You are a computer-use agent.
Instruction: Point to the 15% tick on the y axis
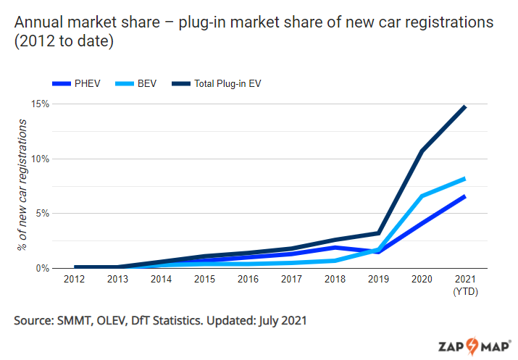[40, 104]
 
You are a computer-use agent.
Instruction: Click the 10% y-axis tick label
[40, 159]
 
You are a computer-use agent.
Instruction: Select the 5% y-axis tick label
[42, 214]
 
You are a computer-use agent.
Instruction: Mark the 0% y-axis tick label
[42, 268]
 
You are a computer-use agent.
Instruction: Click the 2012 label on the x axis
[74, 280]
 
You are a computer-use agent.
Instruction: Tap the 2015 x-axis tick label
[204, 280]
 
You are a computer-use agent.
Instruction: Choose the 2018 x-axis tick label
[334, 280]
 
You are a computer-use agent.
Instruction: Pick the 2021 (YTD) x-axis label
[464, 285]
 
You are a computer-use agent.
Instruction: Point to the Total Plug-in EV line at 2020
[421, 151]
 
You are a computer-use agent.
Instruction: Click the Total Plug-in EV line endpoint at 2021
[464, 107]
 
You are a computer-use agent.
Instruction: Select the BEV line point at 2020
[421, 196]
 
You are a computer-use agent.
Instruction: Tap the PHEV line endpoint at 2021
[464, 196]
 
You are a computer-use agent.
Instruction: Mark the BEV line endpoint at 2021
[464, 178]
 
